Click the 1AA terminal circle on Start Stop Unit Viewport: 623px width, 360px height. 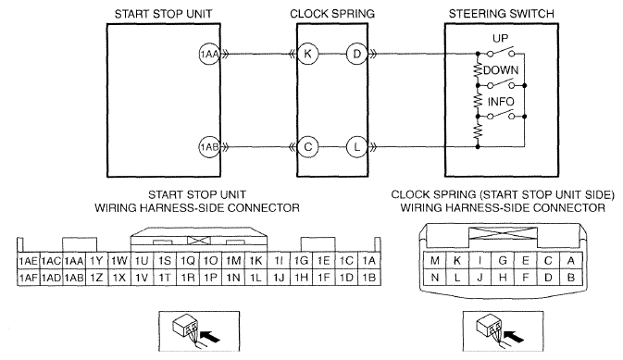209,54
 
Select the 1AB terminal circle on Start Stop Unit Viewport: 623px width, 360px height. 209,147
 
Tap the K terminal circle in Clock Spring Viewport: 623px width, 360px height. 308,54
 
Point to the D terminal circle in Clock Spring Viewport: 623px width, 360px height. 356,54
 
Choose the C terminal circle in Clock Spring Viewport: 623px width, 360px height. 308,147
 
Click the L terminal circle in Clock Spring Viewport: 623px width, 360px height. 356,147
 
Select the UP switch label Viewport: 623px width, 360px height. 500,39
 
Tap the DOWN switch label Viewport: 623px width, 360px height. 501,70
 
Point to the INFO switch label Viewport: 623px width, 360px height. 501,102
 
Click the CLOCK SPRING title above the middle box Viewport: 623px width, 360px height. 332,14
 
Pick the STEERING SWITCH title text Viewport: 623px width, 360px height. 502,14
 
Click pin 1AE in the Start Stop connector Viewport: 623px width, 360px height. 28,261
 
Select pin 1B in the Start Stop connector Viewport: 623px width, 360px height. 369,278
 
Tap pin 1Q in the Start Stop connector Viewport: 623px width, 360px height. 188,261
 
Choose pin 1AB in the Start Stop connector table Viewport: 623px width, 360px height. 74,278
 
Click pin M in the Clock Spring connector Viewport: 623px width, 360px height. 435,261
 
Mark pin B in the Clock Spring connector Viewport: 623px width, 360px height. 571,278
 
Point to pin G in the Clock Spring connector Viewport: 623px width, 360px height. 503,261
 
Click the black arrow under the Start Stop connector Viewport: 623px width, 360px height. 210,338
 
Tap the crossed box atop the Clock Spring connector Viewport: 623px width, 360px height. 503,232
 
